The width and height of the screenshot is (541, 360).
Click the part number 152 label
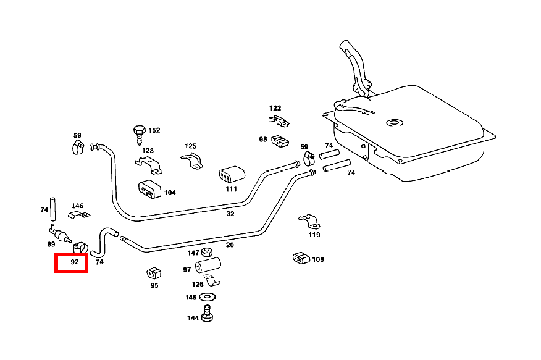[x=154, y=130]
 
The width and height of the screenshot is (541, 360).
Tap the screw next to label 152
[x=138, y=133]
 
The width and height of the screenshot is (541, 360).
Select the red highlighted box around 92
[x=72, y=262]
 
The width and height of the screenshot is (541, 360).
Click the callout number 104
[x=170, y=193]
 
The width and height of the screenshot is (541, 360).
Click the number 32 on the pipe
[x=230, y=214]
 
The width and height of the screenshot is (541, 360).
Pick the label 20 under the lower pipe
[x=230, y=245]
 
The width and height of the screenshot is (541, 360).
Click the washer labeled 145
[x=208, y=298]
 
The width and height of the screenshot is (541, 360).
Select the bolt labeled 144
[x=208, y=316]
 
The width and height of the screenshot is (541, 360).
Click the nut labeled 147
[x=208, y=253]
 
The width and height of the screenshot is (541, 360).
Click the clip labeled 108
[x=300, y=259]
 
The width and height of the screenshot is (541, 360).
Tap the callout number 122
[x=275, y=108]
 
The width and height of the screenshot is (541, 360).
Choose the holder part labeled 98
[x=280, y=141]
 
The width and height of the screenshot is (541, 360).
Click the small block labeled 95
[x=154, y=272]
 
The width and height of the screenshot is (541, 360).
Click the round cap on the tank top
[x=392, y=122]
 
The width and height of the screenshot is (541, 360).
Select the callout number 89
[x=51, y=245]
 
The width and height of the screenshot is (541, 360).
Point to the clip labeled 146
[x=78, y=215]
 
